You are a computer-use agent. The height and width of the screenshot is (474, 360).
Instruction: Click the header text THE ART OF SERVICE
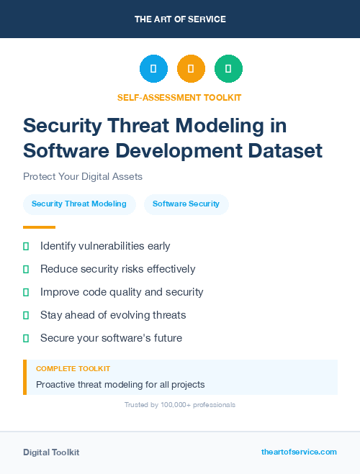[180, 19]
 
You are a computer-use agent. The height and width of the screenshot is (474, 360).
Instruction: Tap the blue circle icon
[153, 69]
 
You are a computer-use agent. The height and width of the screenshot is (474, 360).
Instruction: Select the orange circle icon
[191, 69]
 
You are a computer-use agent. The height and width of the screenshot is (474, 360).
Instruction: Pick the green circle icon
[228, 69]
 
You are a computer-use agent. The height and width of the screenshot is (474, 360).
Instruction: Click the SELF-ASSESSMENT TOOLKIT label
[179, 97]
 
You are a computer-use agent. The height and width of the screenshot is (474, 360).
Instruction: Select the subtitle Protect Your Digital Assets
[83, 176]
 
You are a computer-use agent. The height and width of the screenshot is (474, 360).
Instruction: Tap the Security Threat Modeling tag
[79, 204]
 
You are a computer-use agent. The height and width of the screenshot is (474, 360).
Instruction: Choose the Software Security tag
[186, 204]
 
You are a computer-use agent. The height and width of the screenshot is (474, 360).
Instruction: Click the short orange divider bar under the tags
[39, 227]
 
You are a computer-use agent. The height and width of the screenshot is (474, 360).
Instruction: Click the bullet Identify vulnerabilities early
[105, 246]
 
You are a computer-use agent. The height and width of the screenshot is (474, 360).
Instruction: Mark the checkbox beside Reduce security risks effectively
[26, 269]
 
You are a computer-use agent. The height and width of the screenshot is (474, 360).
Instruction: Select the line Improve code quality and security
[122, 292]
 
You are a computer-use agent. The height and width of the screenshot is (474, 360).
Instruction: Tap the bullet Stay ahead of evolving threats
[113, 315]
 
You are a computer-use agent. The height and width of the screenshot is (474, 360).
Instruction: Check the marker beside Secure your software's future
[26, 338]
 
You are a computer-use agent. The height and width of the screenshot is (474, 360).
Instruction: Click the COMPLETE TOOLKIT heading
[73, 368]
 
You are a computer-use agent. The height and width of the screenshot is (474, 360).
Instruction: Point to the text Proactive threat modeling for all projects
[120, 384]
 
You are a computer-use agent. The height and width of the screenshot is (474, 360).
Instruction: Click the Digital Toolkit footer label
[51, 452]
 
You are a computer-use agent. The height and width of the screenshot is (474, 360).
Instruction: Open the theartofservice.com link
[299, 452]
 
